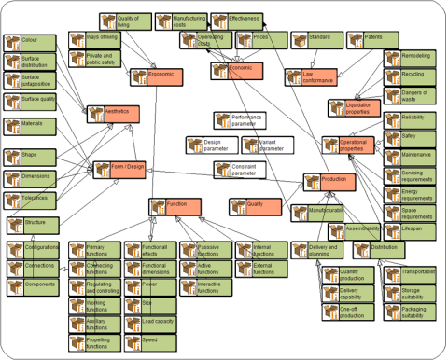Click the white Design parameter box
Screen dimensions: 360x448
pos(211,145)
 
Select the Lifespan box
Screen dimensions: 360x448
pos(410,228)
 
